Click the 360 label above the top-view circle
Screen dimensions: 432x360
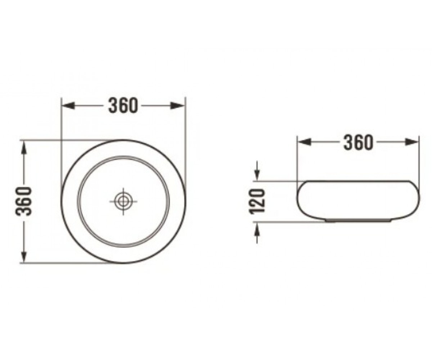click(x=123, y=105)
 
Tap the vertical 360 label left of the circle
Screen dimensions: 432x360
click(x=24, y=201)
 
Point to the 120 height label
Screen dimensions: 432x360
click(x=257, y=202)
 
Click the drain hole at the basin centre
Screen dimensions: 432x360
click(x=123, y=201)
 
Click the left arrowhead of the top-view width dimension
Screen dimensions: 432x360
click(x=68, y=105)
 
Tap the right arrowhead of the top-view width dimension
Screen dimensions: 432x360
click(x=177, y=105)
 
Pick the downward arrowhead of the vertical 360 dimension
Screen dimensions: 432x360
click(x=24, y=256)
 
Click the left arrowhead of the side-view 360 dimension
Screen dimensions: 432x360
click(x=304, y=142)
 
